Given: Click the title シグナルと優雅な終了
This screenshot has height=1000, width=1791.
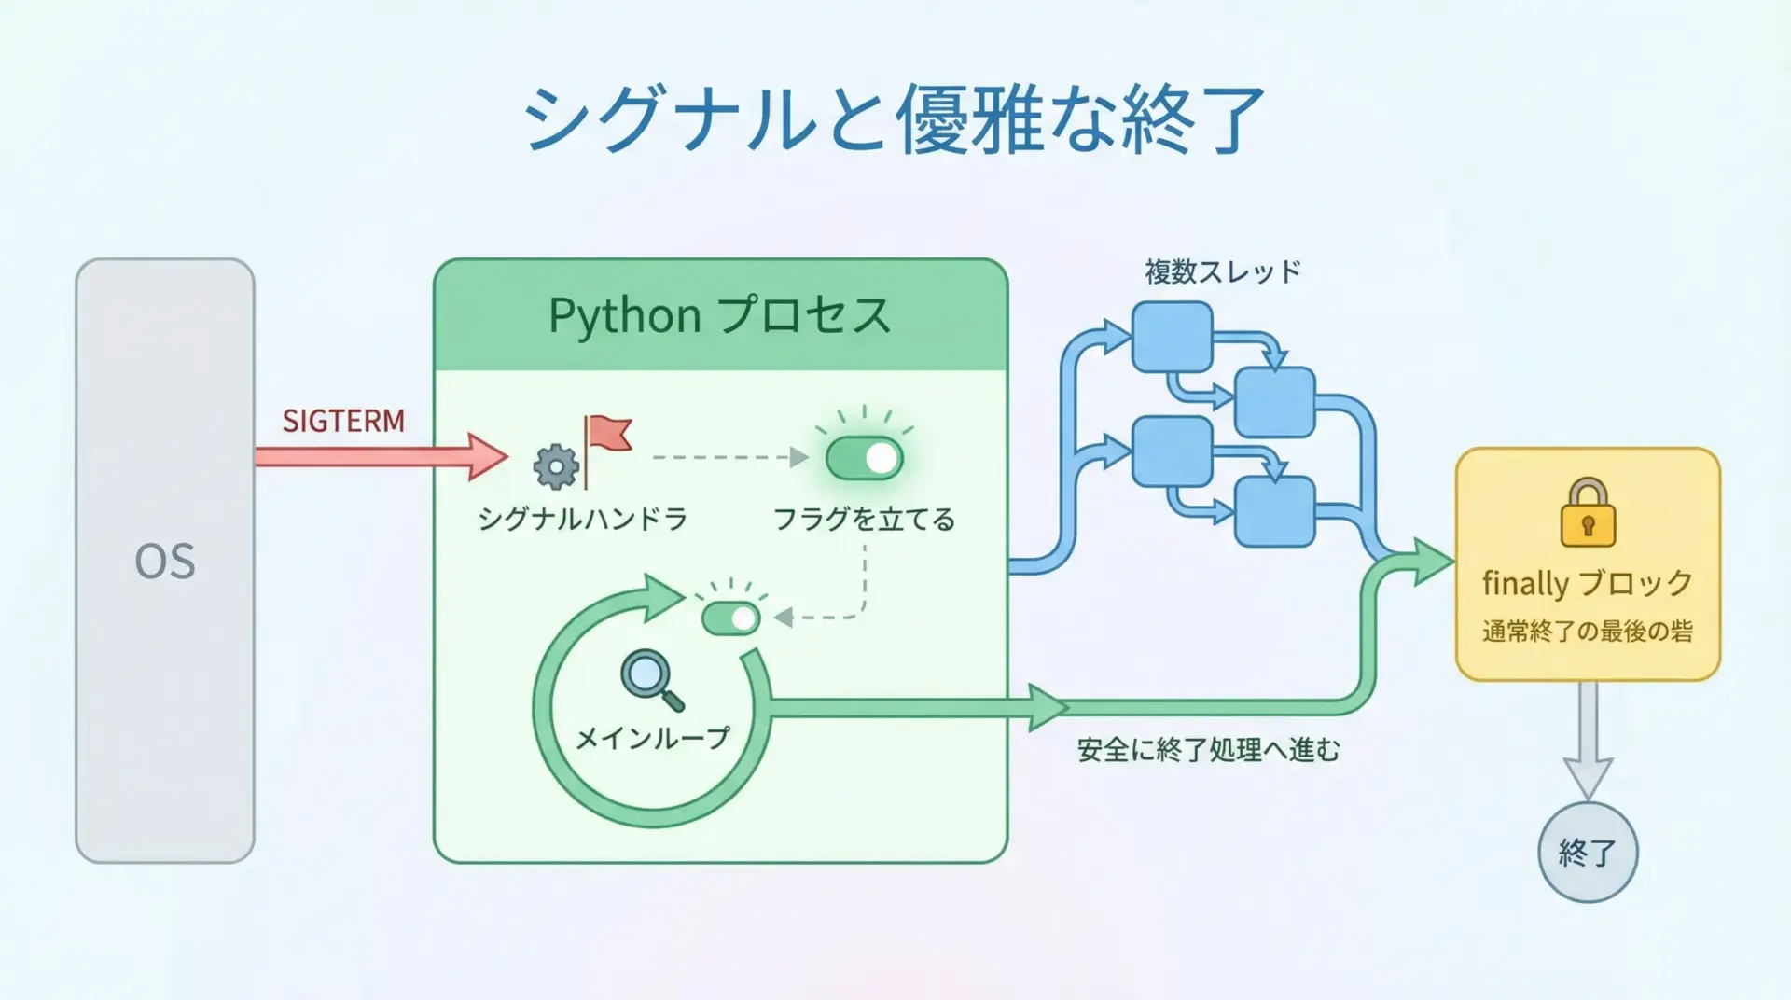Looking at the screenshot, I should pyautogui.click(x=894, y=118).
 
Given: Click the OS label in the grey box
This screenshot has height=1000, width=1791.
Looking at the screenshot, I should pyautogui.click(x=165, y=562).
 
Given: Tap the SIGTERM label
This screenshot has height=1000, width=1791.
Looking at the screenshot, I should pyautogui.click(x=343, y=422).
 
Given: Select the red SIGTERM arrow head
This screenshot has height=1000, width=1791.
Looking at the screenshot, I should pyautogui.click(x=487, y=457).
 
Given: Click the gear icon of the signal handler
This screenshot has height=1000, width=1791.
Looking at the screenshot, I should pyautogui.click(x=556, y=466).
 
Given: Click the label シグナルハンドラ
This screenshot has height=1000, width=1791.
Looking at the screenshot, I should pyautogui.click(x=583, y=519).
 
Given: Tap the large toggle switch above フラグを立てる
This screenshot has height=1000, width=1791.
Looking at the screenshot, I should pyautogui.click(x=864, y=458).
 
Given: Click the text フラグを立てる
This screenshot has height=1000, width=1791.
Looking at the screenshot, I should pyautogui.click(x=864, y=519).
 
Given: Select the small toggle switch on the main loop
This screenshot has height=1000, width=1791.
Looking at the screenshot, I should pyautogui.click(x=731, y=618).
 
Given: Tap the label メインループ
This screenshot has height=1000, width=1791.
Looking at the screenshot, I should pyautogui.click(x=652, y=739).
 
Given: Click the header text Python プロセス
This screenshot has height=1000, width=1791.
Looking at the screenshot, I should pyautogui.click(x=719, y=315).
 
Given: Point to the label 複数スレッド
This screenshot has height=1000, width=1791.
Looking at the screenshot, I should pyautogui.click(x=1222, y=272).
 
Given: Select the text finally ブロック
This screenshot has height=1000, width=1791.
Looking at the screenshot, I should pyautogui.click(x=1588, y=584).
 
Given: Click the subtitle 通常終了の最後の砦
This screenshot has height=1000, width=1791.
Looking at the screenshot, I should pyautogui.click(x=1588, y=632).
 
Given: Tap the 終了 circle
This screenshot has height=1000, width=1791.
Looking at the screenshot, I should pyautogui.click(x=1588, y=852).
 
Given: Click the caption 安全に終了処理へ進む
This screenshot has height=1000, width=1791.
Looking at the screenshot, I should pyautogui.click(x=1208, y=750).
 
